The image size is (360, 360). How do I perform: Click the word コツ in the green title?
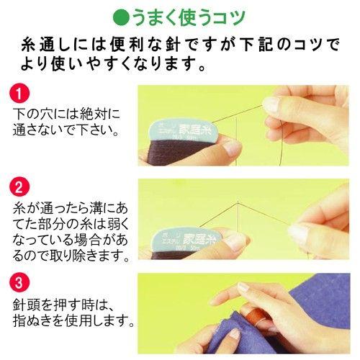pos(227,16)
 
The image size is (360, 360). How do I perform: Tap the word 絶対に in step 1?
pos(99,115)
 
